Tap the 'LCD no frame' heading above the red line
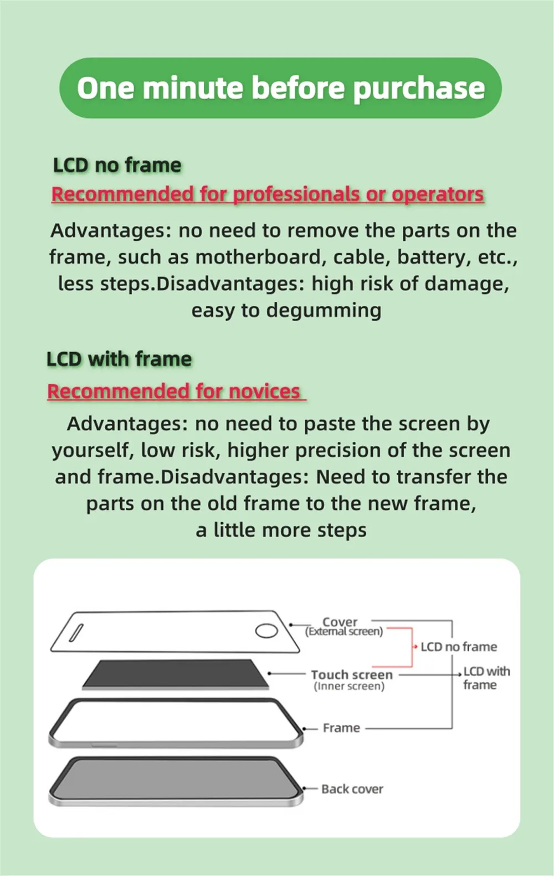pyautogui.click(x=117, y=165)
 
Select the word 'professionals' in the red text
pyautogui.click(x=296, y=194)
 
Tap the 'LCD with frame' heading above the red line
pyautogui.click(x=119, y=359)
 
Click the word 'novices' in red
pyautogui.click(x=264, y=391)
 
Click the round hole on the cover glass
pyautogui.click(x=266, y=630)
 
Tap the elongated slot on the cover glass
pyautogui.click(x=76, y=633)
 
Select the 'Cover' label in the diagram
pyautogui.click(x=340, y=621)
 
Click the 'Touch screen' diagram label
pyautogui.click(x=352, y=674)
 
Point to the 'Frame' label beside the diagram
pyautogui.click(x=341, y=728)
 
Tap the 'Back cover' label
pyautogui.click(x=352, y=789)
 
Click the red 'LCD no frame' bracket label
pyautogui.click(x=459, y=647)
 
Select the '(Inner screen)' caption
pyautogui.click(x=349, y=686)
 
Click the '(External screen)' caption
pyautogui.click(x=344, y=632)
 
